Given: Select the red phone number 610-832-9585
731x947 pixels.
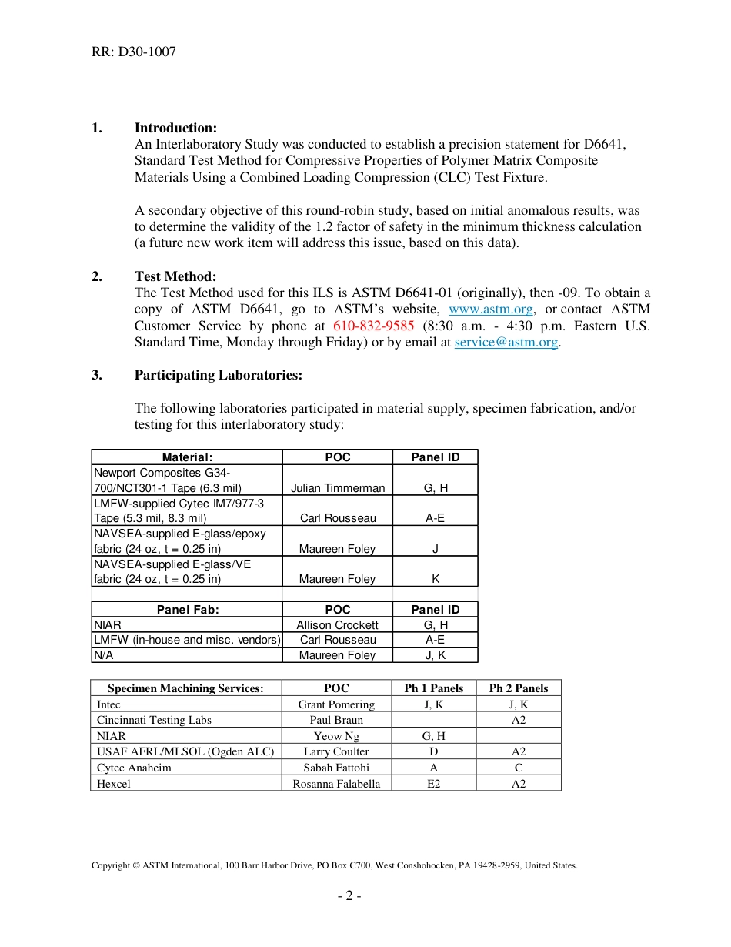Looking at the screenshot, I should point(373,326).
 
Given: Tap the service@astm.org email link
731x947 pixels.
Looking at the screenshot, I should point(506,343).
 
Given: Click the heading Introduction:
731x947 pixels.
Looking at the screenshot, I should point(175,128).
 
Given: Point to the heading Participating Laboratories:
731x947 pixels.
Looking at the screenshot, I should point(218,375).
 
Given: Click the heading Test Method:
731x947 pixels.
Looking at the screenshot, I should point(175,276).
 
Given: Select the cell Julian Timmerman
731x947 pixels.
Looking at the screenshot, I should point(338,487).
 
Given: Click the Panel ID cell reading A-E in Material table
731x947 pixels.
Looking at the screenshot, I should point(435,518).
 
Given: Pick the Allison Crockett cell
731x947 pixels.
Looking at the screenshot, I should point(338,625).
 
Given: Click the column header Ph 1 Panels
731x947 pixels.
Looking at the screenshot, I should point(434,688).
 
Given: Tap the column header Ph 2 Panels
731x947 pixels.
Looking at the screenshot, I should point(519,688).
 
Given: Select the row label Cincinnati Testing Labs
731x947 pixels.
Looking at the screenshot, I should point(154,720).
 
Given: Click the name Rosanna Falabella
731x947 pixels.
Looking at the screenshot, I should point(336,784).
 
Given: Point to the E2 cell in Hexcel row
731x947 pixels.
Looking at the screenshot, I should point(434,784).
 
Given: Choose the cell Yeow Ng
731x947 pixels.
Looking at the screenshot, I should point(336,736).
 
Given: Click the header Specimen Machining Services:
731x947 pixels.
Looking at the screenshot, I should point(185,688).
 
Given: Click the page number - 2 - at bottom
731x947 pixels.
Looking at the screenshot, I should point(349,895).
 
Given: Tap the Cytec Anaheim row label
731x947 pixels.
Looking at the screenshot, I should point(134,768).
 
